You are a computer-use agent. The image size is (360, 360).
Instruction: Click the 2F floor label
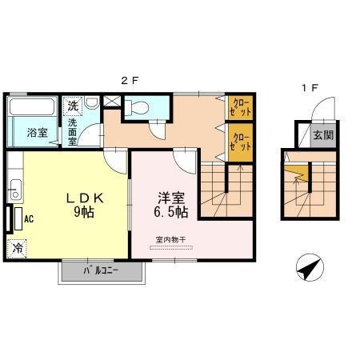coord(130,80)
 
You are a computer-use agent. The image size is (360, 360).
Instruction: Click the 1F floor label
coord(310,87)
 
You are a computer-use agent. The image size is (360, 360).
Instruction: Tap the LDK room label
coord(85,198)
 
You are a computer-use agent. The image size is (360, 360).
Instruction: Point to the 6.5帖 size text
coord(170,212)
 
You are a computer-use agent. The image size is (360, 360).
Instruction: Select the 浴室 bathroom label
coord(38,133)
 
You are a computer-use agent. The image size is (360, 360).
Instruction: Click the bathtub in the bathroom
coord(32,106)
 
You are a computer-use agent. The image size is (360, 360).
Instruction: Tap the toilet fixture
coord(136,108)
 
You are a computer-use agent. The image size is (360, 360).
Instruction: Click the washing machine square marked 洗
coord(73,106)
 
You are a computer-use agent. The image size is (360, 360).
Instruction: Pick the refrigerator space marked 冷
coord(17,249)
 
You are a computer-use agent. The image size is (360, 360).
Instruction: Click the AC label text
coord(29,219)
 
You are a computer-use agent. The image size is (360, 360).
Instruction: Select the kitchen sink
coord(15,190)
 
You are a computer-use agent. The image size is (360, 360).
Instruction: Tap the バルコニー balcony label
coord(101,271)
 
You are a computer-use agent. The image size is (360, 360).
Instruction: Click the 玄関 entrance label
coord(323,135)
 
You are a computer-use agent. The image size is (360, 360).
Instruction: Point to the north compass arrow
coord(310,267)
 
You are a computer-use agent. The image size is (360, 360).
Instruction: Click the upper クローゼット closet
coord(240,107)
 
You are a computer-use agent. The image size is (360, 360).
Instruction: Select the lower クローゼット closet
coord(240,142)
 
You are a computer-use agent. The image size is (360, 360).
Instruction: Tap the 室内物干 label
coord(170,239)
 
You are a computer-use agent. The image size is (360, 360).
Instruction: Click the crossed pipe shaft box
coord(112,101)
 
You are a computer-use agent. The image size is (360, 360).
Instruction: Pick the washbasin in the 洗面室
coord(92,102)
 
